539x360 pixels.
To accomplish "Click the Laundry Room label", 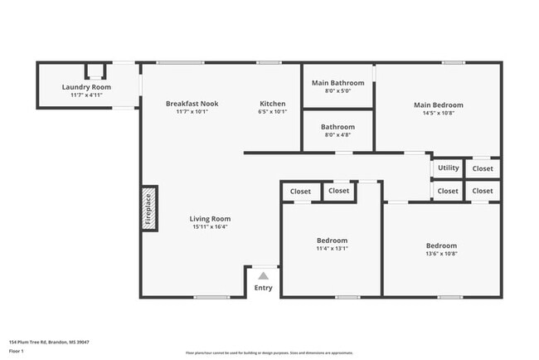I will pos(87,87).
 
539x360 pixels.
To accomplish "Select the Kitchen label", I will pos(273,104).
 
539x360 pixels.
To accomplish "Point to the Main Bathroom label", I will pos(337,83).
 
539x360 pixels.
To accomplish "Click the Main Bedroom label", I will pos(439,105).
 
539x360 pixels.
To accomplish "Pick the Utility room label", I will pos(448,168).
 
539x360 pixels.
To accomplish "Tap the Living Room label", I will pos(210,219).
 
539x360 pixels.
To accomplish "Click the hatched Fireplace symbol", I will pos(149,208).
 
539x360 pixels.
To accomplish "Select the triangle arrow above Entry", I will pos(263,276).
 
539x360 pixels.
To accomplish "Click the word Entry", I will pos(263,288).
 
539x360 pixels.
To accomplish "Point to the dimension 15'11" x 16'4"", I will pos(210,226).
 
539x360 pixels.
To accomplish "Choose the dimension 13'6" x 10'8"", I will pos(441,253).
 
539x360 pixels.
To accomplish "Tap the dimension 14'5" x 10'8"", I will pos(439,113).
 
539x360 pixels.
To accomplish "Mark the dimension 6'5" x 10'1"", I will pos(273,111).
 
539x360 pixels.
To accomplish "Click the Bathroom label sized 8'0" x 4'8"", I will pos(337,127).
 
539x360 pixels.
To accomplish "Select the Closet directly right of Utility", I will pos(483,168).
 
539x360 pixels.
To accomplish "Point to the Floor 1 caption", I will pos(17,351).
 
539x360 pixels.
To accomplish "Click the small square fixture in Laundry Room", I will pos(96,71).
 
